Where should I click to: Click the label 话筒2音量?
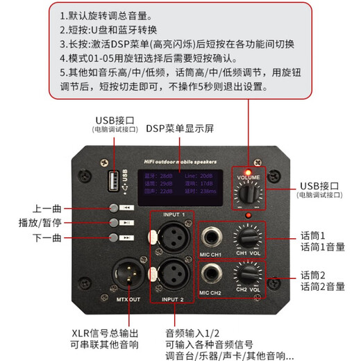coord(323,286)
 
